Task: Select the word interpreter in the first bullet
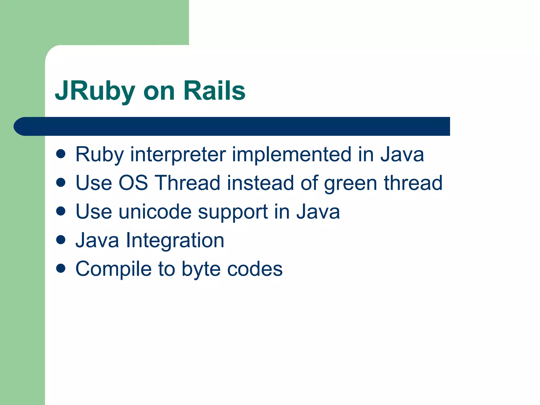tap(178, 154)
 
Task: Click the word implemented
tap(291, 154)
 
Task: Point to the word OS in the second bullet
tap(133, 183)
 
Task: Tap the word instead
tap(260, 183)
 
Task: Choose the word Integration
tap(175, 240)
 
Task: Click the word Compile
tap(113, 269)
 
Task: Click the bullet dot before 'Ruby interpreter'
tap(61, 154)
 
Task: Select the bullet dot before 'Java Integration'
tap(61, 240)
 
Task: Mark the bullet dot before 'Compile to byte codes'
tap(61, 269)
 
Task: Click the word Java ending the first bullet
tap(402, 154)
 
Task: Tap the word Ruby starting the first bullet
tap(99, 155)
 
